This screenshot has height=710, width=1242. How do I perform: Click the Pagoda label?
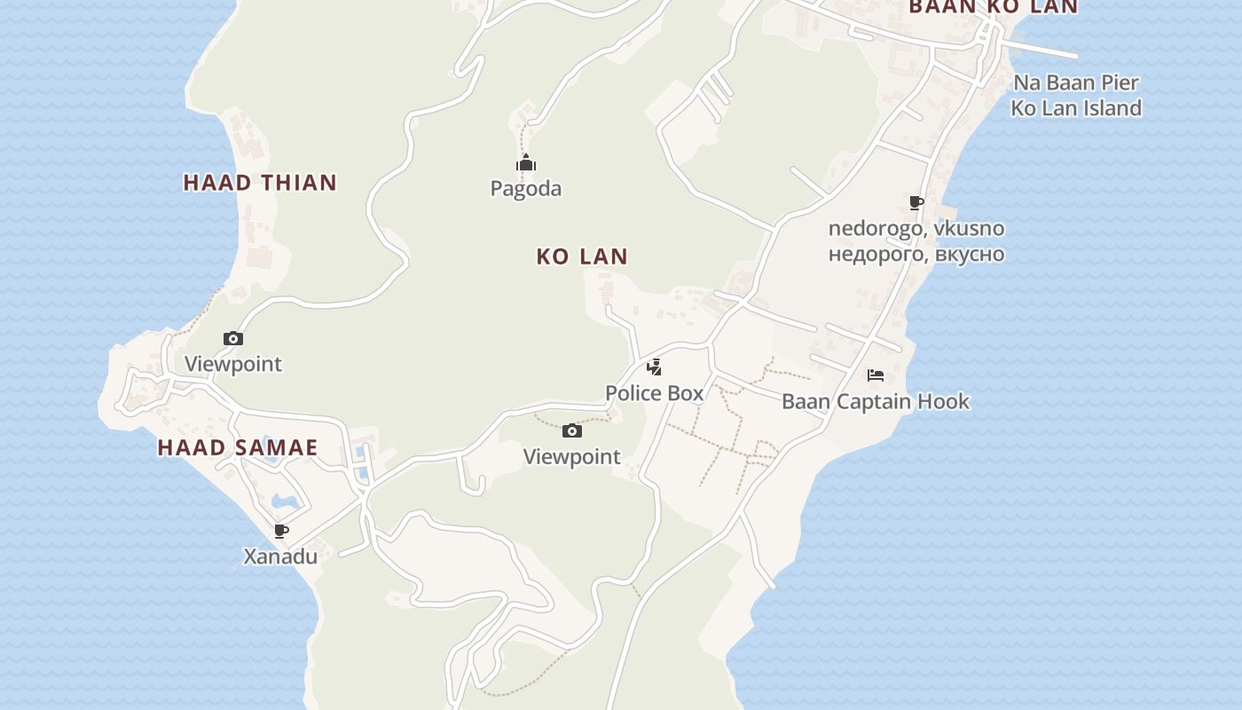pyautogui.click(x=526, y=188)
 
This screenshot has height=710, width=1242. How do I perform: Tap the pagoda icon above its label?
pyautogui.click(x=526, y=162)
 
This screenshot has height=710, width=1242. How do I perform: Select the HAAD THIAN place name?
pyautogui.click(x=260, y=183)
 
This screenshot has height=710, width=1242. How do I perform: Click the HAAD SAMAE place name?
pyautogui.click(x=238, y=447)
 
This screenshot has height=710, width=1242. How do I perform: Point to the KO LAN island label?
pyautogui.click(x=582, y=256)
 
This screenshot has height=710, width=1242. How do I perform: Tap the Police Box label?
pyautogui.click(x=654, y=392)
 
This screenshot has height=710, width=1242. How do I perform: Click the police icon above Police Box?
pyautogui.click(x=654, y=367)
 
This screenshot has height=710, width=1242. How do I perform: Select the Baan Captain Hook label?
pyautogui.click(x=876, y=401)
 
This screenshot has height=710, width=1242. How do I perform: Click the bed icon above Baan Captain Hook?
pyautogui.click(x=876, y=375)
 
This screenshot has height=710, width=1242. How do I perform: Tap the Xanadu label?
pyautogui.click(x=280, y=556)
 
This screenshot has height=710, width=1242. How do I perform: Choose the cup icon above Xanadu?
pyautogui.click(x=281, y=531)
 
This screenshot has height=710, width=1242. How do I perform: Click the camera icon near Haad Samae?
pyautogui.click(x=233, y=338)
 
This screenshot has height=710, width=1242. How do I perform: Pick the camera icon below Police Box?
pyautogui.click(x=572, y=431)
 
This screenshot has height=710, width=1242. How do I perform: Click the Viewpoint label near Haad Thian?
pyautogui.click(x=233, y=364)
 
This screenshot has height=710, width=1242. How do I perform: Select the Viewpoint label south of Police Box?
pyautogui.click(x=572, y=457)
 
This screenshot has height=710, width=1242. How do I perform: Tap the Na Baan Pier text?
pyautogui.click(x=1076, y=83)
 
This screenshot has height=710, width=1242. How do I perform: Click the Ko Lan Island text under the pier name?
pyautogui.click(x=1076, y=108)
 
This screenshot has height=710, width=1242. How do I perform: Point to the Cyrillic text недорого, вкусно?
pyautogui.click(x=916, y=254)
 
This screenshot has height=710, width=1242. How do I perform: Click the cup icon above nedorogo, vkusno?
pyautogui.click(x=916, y=203)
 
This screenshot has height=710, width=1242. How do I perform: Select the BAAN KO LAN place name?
pyautogui.click(x=993, y=7)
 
